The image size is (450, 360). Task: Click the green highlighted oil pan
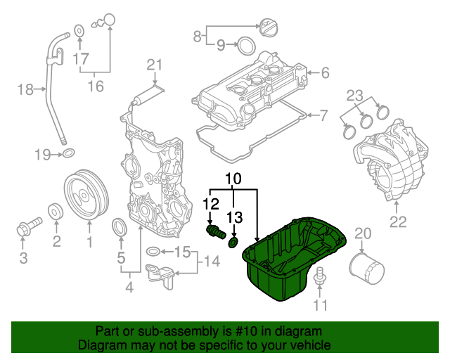click(x=295, y=264)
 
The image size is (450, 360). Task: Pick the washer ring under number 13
click(x=234, y=243)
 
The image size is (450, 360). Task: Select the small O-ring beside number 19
click(x=69, y=154)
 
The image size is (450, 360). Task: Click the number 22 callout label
click(x=399, y=223)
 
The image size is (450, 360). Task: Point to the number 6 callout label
click(x=325, y=72)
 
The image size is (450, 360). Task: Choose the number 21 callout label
click(x=155, y=65)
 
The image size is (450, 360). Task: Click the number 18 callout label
click(x=25, y=89)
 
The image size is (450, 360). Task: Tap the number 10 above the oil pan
click(x=233, y=179)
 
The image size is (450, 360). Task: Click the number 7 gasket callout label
click(x=324, y=114)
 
